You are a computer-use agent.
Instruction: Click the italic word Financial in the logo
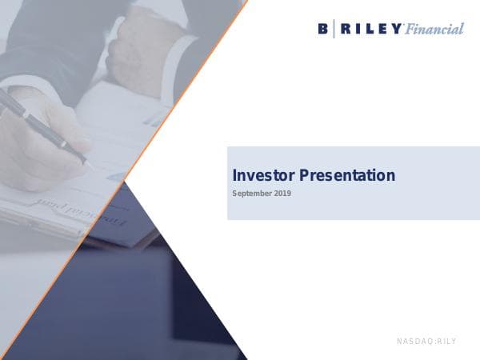434,29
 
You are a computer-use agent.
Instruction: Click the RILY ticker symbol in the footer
446,342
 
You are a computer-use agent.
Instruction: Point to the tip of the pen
90,165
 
